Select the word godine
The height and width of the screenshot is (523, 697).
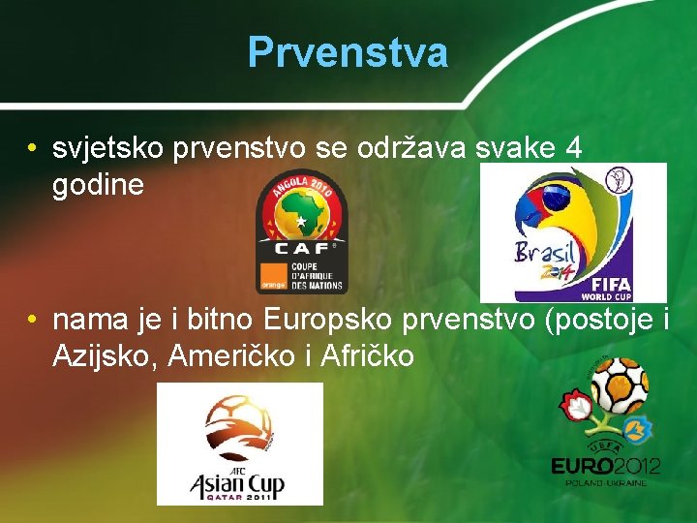click(98, 184)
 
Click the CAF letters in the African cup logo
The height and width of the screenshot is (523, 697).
click(301, 249)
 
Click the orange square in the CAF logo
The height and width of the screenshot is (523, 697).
click(272, 276)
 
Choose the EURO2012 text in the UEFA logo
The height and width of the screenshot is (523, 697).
click(605, 466)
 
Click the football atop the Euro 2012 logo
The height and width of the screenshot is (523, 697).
click(619, 385)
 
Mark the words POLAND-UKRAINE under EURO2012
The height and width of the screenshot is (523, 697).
click(605, 481)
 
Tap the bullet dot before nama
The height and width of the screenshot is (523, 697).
click(33, 320)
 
